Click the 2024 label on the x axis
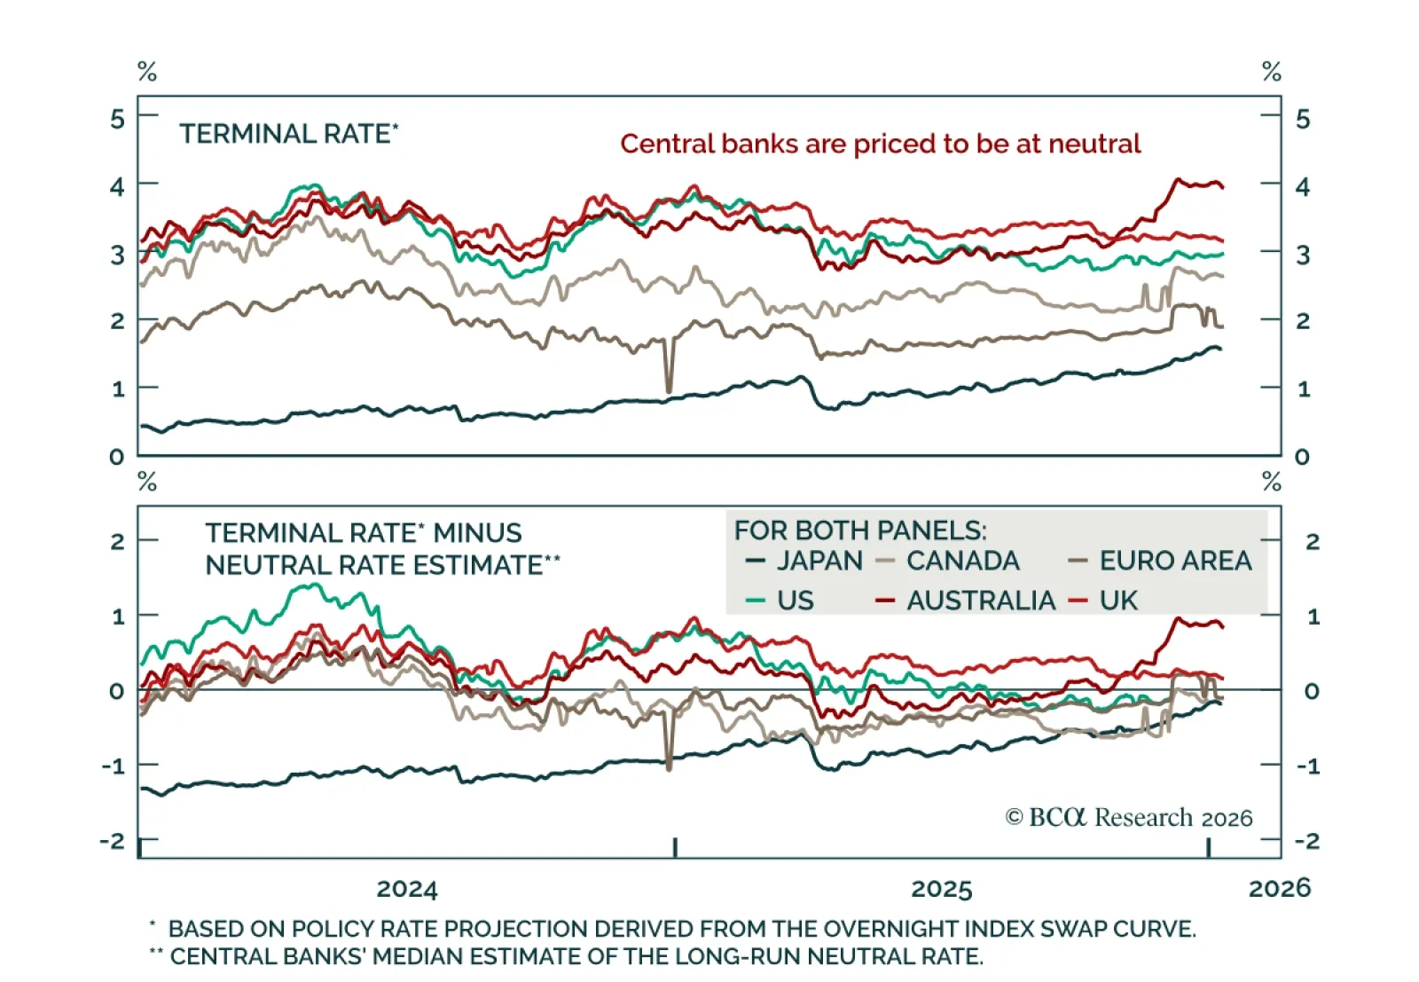point(407,888)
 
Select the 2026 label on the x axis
point(1279,887)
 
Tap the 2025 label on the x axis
point(942,888)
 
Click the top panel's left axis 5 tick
point(117,118)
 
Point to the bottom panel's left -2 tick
point(114,841)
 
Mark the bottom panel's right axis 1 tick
point(1313,617)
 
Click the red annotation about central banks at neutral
point(880,144)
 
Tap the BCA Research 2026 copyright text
point(1128,817)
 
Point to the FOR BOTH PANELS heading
point(859,530)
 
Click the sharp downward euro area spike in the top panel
point(669,381)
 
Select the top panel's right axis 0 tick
point(1302,457)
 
